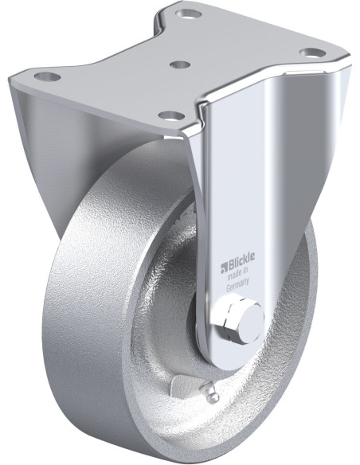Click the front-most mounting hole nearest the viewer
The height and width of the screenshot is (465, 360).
pyautogui.click(x=168, y=115)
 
